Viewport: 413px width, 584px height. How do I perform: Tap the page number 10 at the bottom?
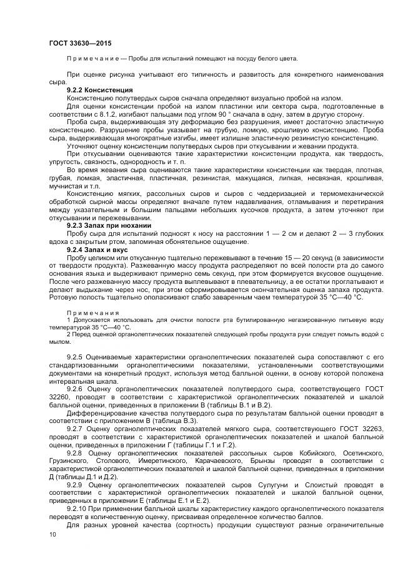[x=52, y=535]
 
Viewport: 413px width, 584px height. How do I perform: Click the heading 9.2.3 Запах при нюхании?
[x=107, y=225]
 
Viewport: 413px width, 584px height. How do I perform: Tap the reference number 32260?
[x=61, y=396]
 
